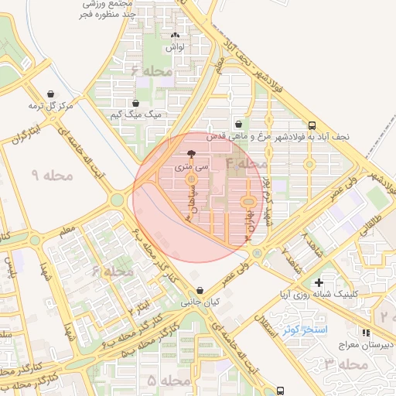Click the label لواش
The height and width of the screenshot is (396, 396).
point(174,47)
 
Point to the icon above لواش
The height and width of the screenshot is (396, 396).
point(174,35)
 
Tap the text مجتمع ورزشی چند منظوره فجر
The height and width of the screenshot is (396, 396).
point(111,9)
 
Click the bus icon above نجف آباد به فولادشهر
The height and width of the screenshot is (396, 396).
point(312,125)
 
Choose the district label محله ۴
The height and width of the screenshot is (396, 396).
point(246,164)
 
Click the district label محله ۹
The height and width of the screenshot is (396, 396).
point(51,176)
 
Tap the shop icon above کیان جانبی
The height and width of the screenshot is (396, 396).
point(195,291)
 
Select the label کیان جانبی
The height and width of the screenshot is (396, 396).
point(195,303)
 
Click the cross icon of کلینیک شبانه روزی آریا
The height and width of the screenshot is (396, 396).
point(318,282)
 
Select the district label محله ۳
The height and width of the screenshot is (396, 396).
point(345,364)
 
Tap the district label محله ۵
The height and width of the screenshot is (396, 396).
point(169,381)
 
